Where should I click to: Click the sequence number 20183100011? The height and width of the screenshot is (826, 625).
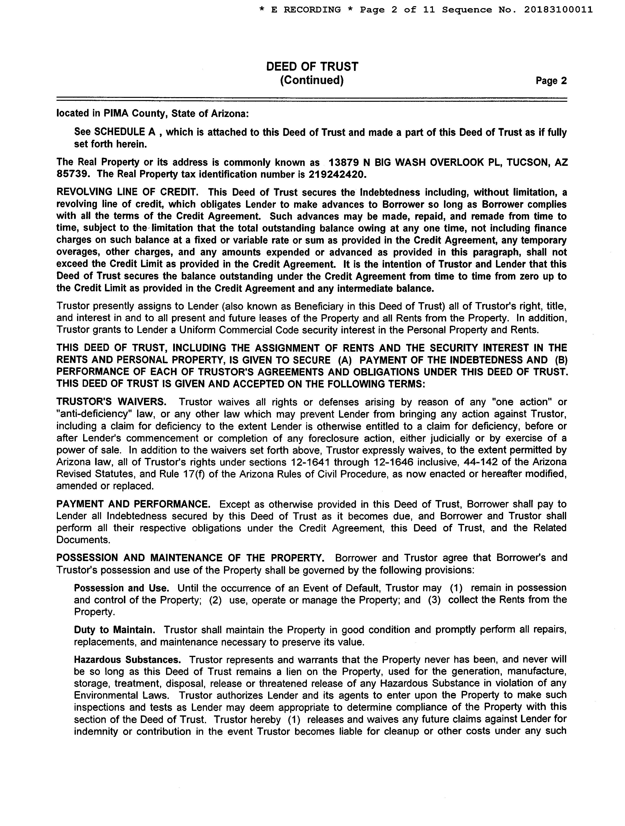pyautogui.click(x=558, y=10)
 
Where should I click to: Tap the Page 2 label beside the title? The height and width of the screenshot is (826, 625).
pyautogui.click(x=551, y=81)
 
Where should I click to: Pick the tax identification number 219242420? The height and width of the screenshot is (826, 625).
pyautogui.click(x=336, y=174)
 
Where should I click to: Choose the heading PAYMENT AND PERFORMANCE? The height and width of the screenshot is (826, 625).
pyautogui.click(x=133, y=504)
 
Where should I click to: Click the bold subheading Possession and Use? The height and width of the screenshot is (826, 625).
pyautogui.click(x=121, y=588)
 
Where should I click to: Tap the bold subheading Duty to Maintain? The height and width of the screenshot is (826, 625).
pyautogui.click(x=114, y=630)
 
